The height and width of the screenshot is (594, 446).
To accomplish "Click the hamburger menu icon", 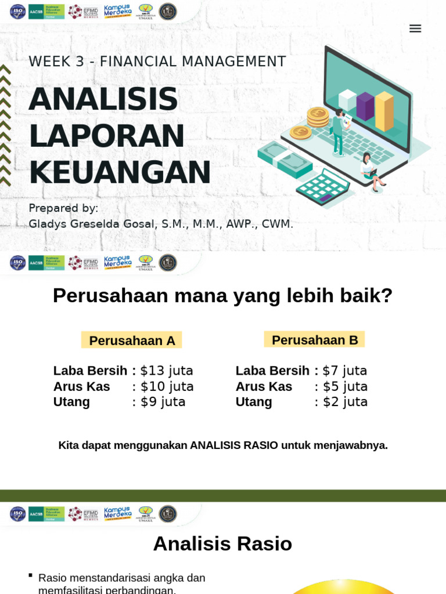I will [x=415, y=28].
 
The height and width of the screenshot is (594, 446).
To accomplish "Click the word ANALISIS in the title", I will [x=103, y=99].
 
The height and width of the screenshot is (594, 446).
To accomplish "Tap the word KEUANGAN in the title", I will [x=120, y=172].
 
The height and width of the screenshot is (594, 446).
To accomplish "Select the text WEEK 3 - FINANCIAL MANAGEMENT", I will [x=157, y=61].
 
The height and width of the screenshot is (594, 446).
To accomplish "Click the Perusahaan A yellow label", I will [x=132, y=341].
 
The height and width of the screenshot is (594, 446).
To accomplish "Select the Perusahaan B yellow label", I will [x=315, y=340].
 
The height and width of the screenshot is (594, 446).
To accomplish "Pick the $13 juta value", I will [x=167, y=371].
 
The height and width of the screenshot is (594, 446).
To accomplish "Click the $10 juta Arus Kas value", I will [x=167, y=386].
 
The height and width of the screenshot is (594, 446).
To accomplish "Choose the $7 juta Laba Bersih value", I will [x=345, y=371].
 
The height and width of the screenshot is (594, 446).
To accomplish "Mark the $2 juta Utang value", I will [x=345, y=401].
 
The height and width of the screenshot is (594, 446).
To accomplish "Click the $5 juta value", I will [x=345, y=386].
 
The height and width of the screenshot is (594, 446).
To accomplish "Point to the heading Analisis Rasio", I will [x=222, y=544].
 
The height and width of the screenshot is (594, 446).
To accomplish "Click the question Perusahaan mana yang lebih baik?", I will [x=222, y=295].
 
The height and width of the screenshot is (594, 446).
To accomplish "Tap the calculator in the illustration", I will [x=323, y=187].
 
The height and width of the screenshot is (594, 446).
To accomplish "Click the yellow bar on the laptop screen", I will [x=384, y=111].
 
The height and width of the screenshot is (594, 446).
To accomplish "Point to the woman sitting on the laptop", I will [x=369, y=170].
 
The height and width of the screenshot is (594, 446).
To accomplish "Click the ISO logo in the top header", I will [x=18, y=12].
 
